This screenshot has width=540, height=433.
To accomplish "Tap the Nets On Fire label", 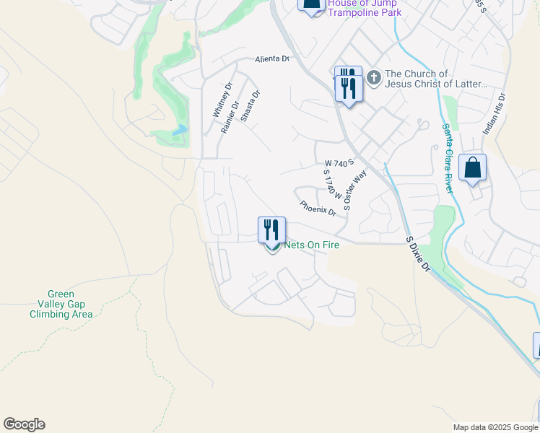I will [x=312, y=245].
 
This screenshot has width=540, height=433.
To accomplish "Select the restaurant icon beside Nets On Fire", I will [x=272, y=230].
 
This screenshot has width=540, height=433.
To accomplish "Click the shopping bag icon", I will [x=472, y=167].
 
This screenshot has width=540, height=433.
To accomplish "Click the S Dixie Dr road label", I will [x=418, y=254].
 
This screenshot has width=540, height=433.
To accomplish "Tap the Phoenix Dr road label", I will [x=318, y=208].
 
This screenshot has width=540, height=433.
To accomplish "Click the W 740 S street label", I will [x=339, y=164].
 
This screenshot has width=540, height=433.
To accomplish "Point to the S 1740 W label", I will [x=329, y=186].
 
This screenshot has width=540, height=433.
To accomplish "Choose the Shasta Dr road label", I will [x=250, y=106].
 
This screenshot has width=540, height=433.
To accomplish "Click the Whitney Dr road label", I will [x=222, y=99].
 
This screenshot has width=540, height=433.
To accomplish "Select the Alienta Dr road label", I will [x=271, y=59].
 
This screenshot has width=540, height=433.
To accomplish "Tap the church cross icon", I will [x=373, y=76].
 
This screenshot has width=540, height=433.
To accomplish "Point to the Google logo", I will [x=24, y=424].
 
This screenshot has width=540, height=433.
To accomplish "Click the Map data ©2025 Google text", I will [x=494, y=427].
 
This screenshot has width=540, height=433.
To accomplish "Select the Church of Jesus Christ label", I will [x=436, y=79].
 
